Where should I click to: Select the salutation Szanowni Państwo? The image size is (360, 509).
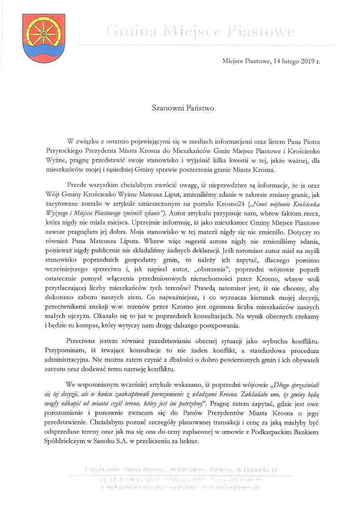[x=183, y=108]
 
